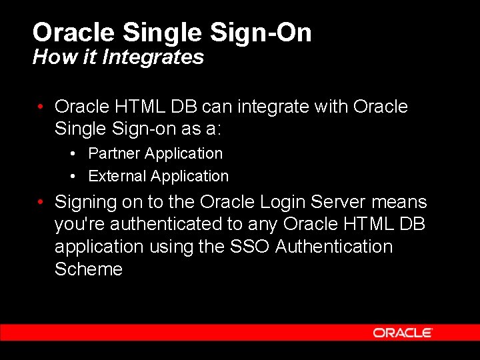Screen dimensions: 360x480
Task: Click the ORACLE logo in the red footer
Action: point(403,332)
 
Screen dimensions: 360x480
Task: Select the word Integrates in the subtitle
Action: point(153,57)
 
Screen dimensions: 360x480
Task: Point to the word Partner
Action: point(115,153)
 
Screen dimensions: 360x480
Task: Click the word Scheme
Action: point(89,269)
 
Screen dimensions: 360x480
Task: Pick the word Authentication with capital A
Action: point(334,247)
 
